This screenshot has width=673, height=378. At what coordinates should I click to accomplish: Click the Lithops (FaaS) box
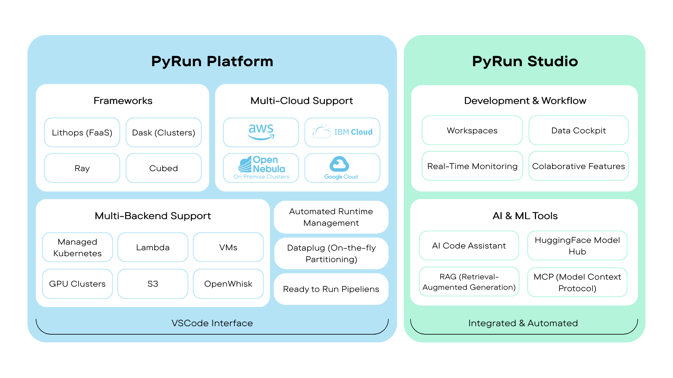coord(82,133)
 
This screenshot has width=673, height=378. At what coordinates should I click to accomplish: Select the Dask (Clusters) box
coord(163,133)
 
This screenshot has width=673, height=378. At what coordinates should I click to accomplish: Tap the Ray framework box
coord(82,168)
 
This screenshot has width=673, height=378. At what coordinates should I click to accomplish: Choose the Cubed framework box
coord(163,168)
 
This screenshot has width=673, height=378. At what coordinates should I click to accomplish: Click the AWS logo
coord(261,132)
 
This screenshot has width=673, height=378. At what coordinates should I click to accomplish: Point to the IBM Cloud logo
coord(342,132)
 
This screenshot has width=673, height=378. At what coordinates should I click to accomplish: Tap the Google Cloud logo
coord(341,168)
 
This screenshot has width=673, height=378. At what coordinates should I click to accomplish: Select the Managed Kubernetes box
coord(77,247)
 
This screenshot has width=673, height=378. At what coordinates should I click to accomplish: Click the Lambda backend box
coord(153,247)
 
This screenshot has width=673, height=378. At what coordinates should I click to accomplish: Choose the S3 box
coord(153,284)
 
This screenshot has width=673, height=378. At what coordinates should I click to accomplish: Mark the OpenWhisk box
coord(228,284)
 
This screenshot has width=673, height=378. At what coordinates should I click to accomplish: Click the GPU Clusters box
coord(77,284)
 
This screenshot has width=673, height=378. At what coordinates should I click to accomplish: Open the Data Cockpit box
coord(578,131)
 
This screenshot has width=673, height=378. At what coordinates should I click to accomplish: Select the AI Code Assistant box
coord(469,246)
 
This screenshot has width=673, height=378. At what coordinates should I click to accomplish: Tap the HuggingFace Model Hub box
coord(577,246)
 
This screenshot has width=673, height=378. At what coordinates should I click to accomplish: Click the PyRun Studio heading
coord(525,61)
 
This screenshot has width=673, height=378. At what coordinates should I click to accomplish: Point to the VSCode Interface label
coord(212,323)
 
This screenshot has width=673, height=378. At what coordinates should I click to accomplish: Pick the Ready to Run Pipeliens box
coord(331,289)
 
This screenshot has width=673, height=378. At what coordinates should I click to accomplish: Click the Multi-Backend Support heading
coord(153,216)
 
